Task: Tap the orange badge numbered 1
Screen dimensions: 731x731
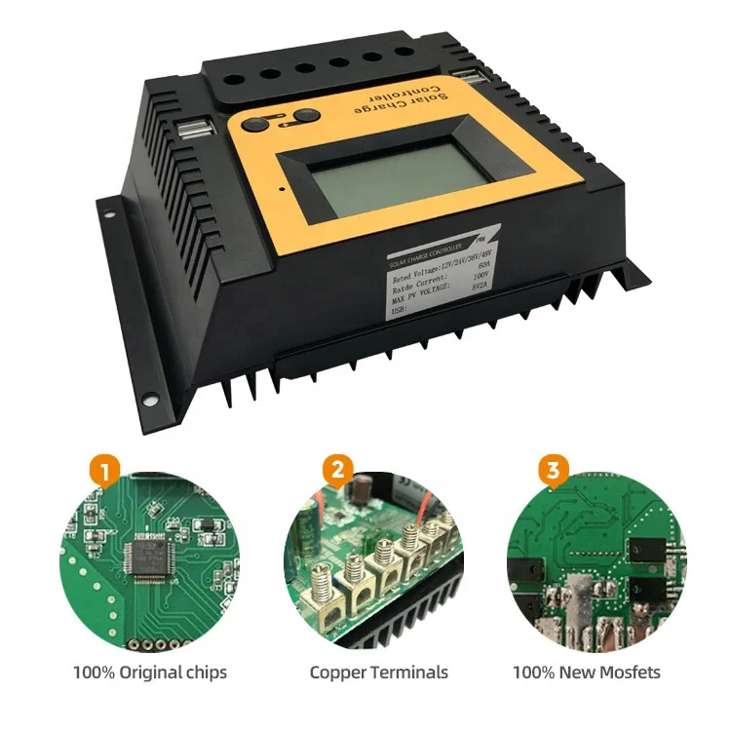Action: click(106, 472)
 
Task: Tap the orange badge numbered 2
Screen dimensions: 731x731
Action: click(337, 472)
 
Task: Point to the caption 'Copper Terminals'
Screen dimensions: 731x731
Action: click(378, 673)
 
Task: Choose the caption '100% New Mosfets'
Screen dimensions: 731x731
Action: click(586, 673)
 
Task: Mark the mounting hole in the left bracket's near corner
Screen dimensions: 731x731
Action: click(151, 398)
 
